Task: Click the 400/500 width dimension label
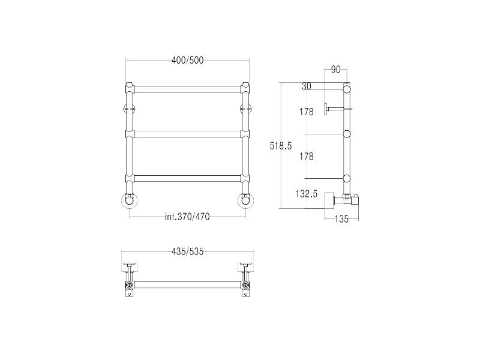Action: (x=187, y=60)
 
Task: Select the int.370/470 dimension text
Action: (x=187, y=217)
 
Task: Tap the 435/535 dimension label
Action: (x=187, y=251)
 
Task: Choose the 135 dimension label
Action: (x=341, y=219)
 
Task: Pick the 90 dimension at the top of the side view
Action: (x=335, y=70)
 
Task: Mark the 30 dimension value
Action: (x=307, y=86)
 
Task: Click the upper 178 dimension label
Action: (x=307, y=112)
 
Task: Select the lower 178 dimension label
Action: (x=307, y=156)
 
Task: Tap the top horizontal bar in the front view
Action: (x=187, y=89)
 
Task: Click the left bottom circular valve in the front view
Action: (x=130, y=200)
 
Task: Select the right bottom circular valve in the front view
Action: (x=245, y=200)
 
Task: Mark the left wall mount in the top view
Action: (x=130, y=266)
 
